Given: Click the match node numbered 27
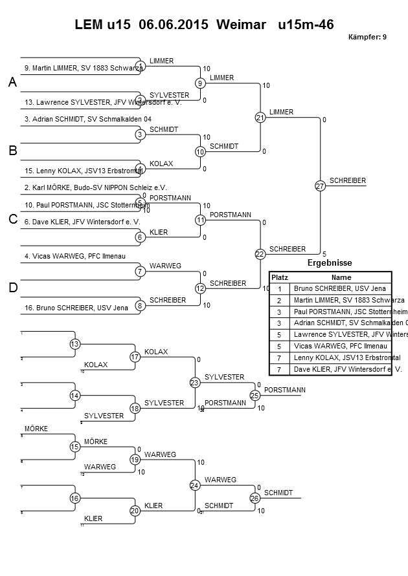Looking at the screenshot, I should [320, 186].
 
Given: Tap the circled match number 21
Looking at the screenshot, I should [260, 118].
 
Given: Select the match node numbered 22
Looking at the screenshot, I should [260, 254].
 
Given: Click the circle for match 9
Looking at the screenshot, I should [201, 83].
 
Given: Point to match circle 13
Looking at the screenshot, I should [75, 344].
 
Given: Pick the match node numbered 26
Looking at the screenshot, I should [255, 498].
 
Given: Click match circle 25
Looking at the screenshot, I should [255, 395].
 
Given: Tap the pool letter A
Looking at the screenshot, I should [12, 83].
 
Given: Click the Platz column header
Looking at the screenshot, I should [279, 277].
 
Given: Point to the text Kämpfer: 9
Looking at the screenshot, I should [367, 37].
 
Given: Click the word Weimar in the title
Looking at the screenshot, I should [241, 25].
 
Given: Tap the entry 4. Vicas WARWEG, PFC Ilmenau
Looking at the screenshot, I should [75, 256].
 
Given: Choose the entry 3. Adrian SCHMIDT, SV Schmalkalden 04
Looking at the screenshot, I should [87, 119].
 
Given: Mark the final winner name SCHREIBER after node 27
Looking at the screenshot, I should [348, 180].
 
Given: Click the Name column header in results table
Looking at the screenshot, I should [341, 277].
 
